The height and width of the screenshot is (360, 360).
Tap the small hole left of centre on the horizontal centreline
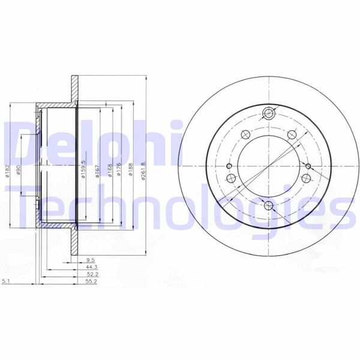[230, 166]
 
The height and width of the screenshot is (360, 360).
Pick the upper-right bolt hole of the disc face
[292, 135]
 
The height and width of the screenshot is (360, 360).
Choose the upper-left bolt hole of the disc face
[245, 135]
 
